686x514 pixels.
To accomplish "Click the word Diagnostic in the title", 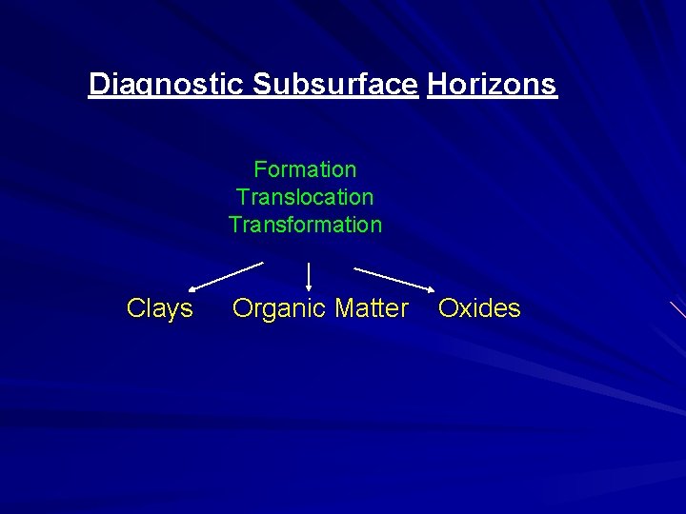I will pos(168,85).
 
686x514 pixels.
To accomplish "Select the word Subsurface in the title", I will pos(335,85).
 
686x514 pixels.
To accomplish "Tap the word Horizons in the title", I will pos(492,85).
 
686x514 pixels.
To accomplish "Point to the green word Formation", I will pos(305,169).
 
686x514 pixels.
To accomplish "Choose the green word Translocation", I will pos(305,197).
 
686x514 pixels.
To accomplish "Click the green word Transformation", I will pos(305,225).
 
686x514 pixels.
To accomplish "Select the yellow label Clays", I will pos(160,308).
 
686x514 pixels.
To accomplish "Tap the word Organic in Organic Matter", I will pos(276,308).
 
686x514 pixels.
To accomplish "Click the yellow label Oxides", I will pos(479,308).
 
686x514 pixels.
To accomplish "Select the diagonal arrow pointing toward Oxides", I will pos(393,277).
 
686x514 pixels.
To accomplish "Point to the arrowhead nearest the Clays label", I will pos(192,287).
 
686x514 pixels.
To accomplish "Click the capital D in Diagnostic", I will pos(98,85).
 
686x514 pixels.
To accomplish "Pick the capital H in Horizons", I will pos(437,85).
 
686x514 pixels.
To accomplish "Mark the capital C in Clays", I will pos(135,308).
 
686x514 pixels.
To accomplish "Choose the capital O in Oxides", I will pos(447,308).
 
